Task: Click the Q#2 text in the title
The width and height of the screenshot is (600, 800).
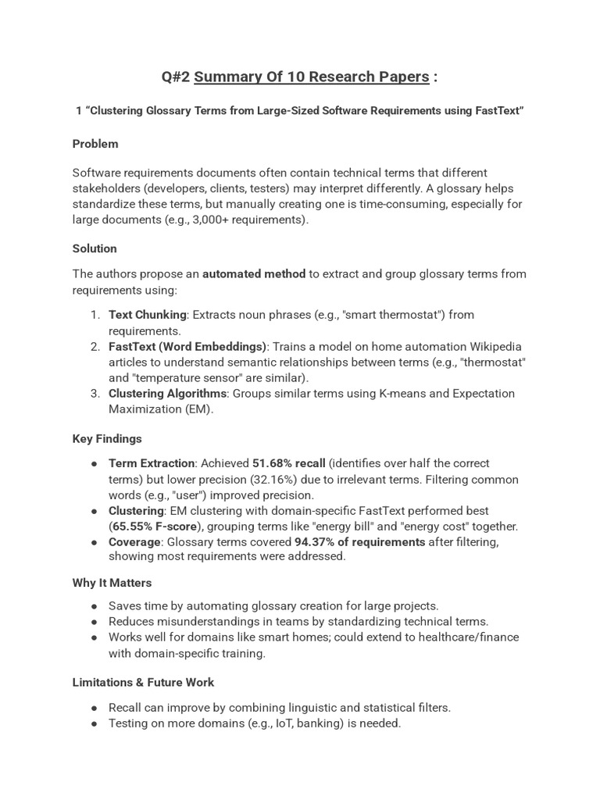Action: coord(176,77)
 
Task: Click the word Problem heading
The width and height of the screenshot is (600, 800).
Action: coord(95,144)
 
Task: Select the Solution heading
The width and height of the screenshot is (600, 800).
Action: coord(95,248)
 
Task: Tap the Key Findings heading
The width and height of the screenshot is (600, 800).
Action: coord(107,439)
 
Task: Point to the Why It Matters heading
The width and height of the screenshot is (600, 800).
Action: coord(112,583)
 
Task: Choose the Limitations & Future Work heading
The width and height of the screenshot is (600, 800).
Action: coord(143,683)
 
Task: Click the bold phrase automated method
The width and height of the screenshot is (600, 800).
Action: coord(254,274)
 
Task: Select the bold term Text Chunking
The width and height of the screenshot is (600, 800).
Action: coord(148,315)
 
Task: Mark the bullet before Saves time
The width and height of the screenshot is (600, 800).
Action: coord(95,606)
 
